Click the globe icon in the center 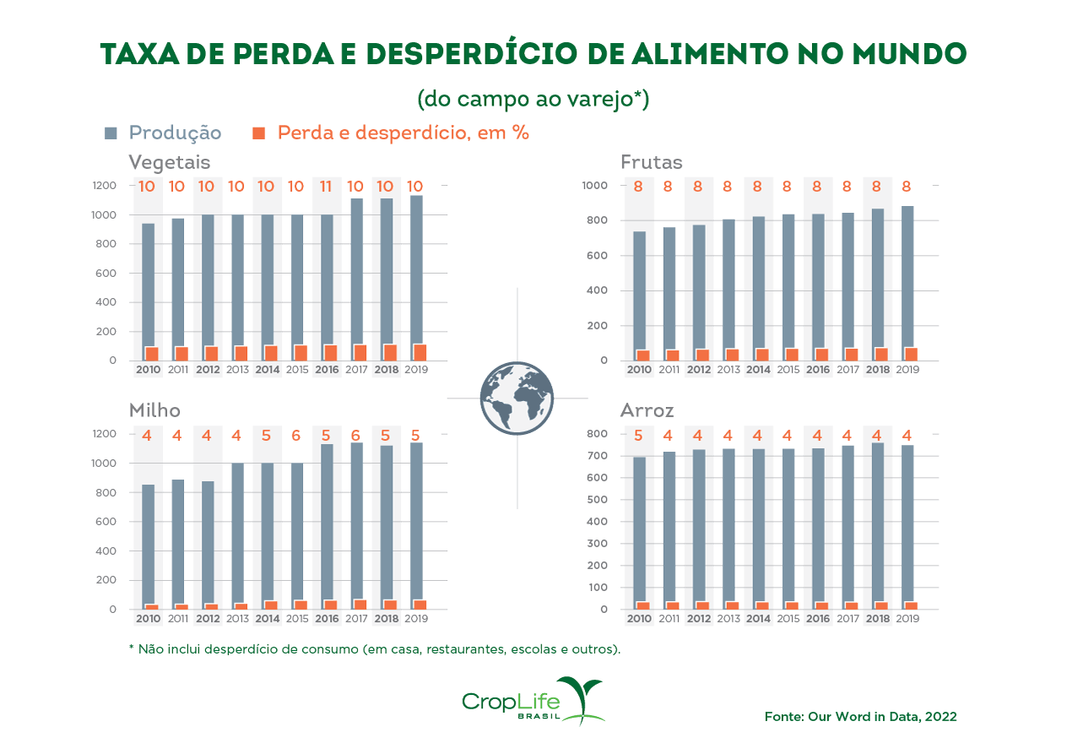pyautogui.click(x=517, y=398)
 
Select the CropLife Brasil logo pyautogui.click(x=533, y=701)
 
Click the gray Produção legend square pyautogui.click(x=111, y=133)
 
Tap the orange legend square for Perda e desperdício pyautogui.click(x=259, y=133)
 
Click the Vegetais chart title pyautogui.click(x=169, y=161)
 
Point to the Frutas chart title pyautogui.click(x=651, y=161)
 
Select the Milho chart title pyautogui.click(x=154, y=410)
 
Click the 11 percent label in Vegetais pyautogui.click(x=326, y=187)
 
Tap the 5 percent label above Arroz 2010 pyautogui.click(x=638, y=436)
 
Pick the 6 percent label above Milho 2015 pyautogui.click(x=295, y=436)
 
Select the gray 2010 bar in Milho pyautogui.click(x=148, y=540)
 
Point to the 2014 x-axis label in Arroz pyautogui.click(x=757, y=618)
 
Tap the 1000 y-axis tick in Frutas pyautogui.click(x=594, y=186)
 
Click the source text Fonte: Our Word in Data pyautogui.click(x=860, y=716)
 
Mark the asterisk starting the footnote pyautogui.click(x=132, y=648)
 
